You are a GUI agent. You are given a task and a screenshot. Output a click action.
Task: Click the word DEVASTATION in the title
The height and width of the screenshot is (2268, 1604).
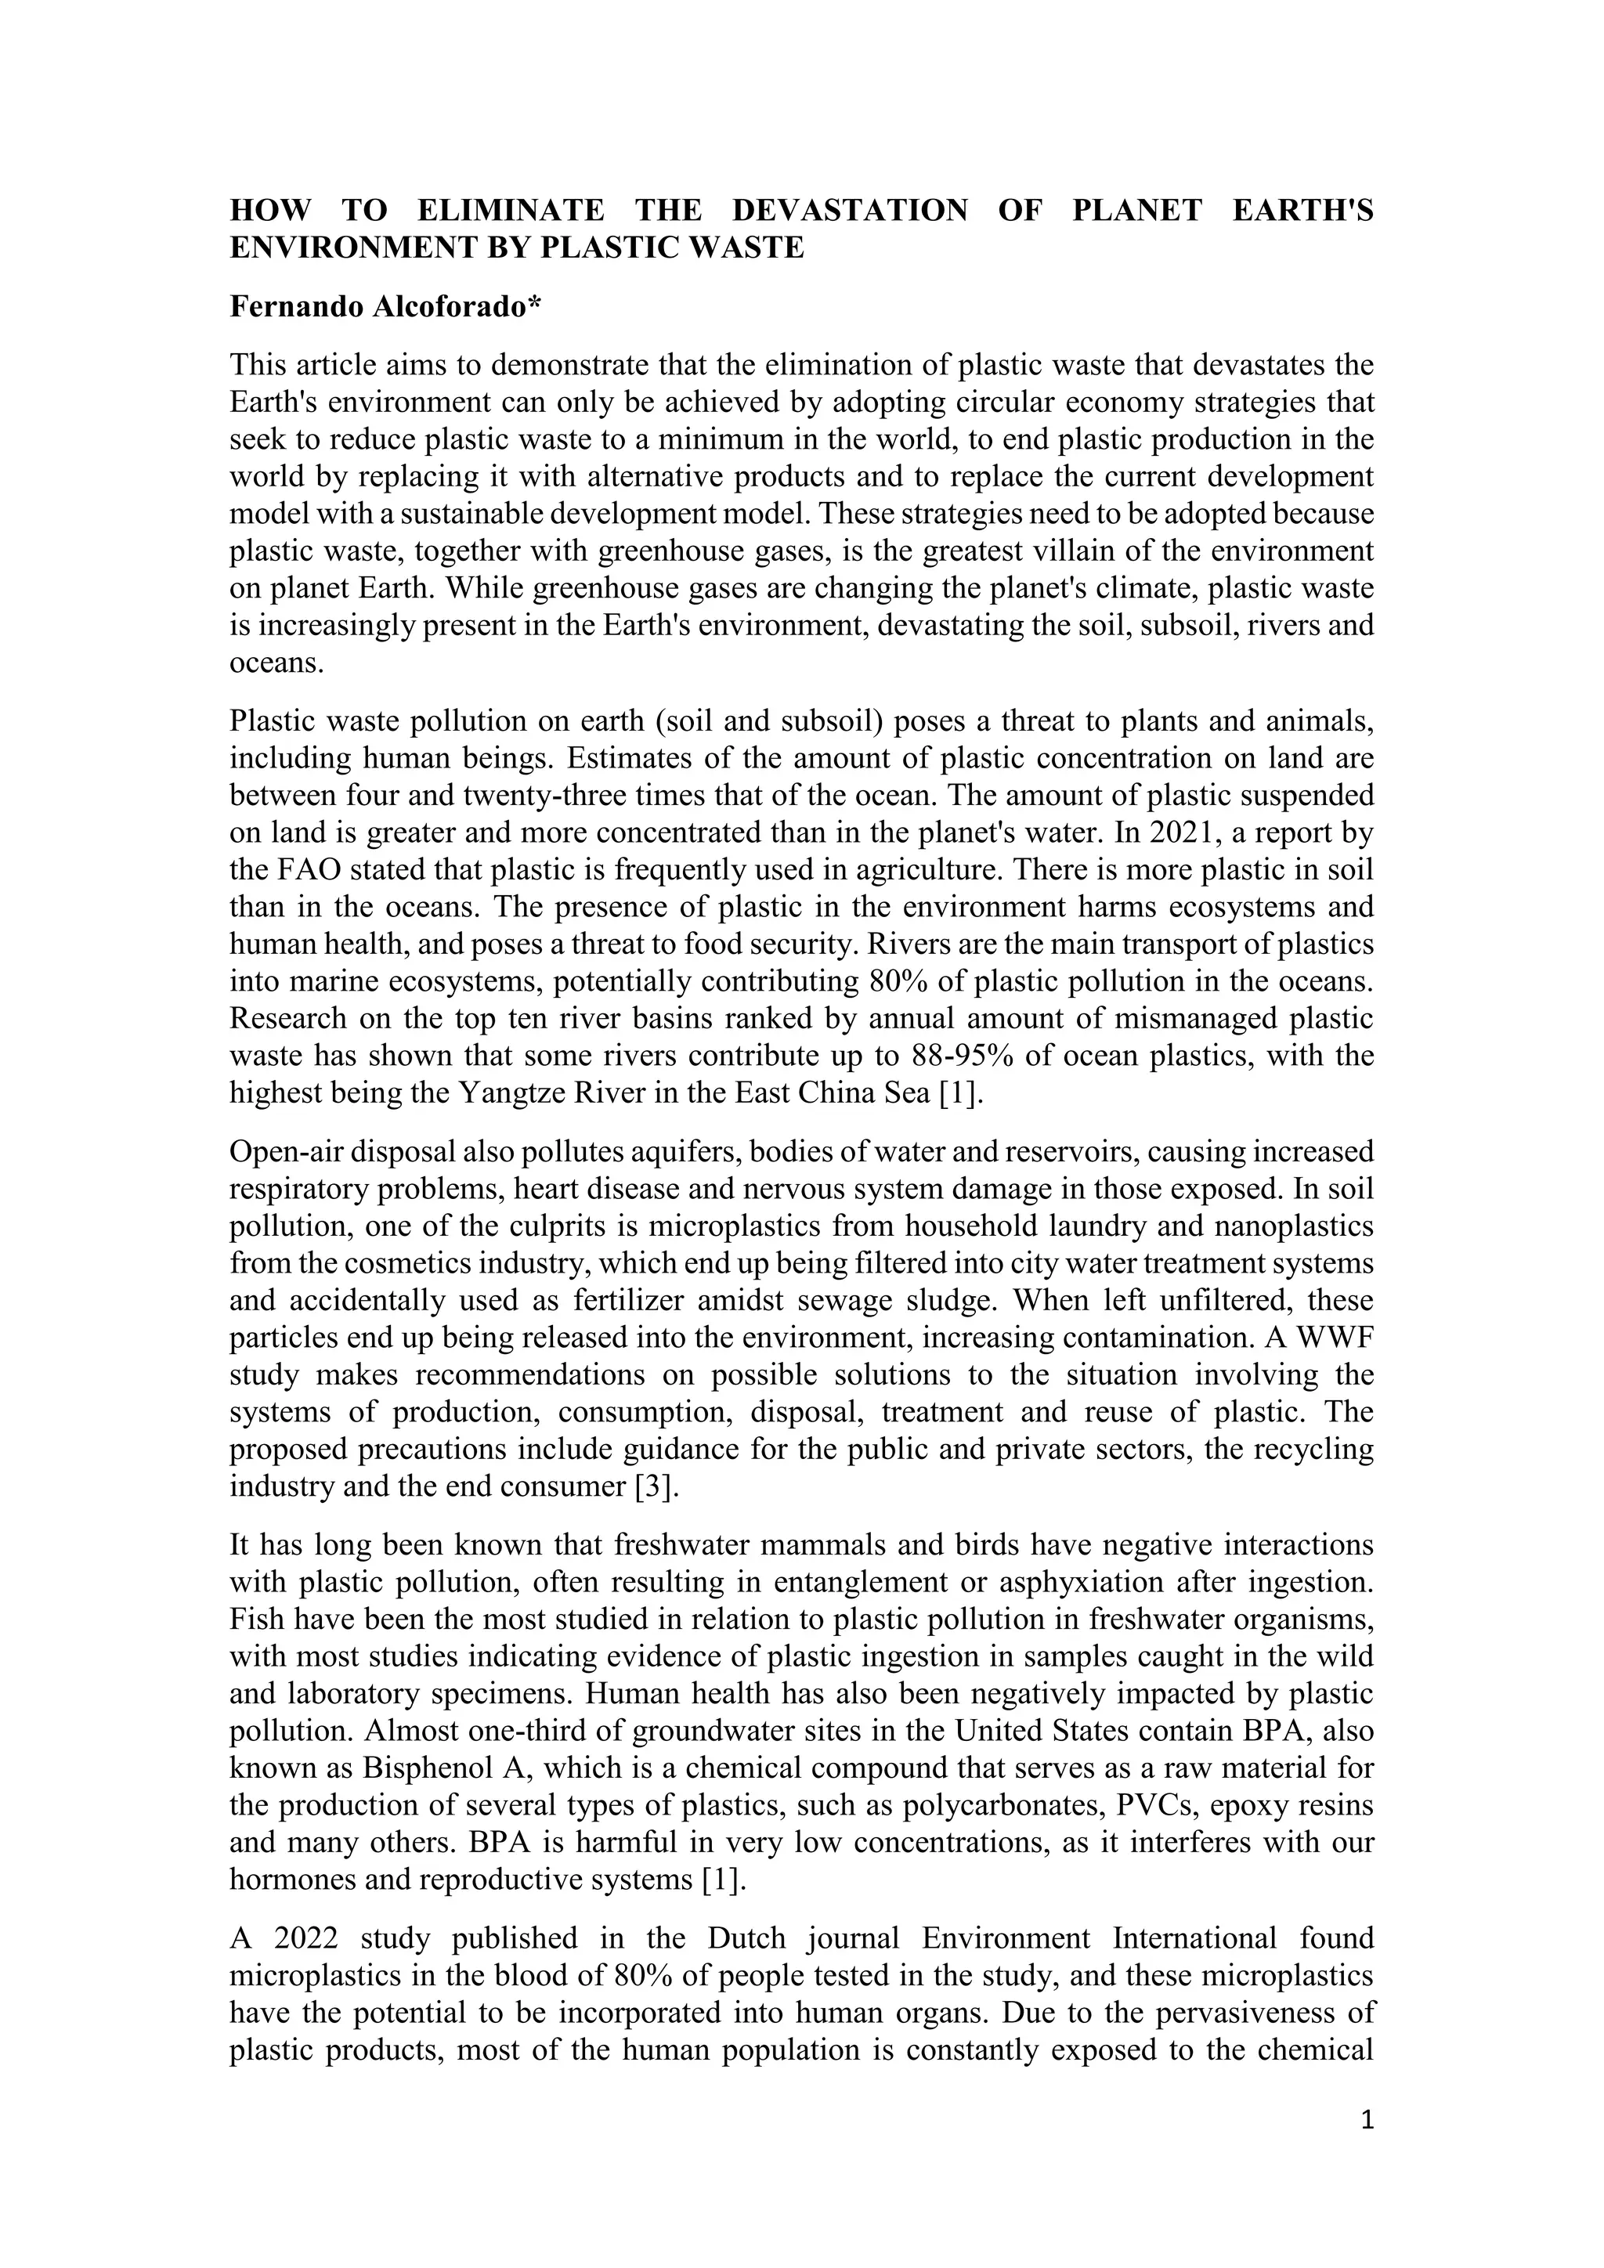pos(850,211)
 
